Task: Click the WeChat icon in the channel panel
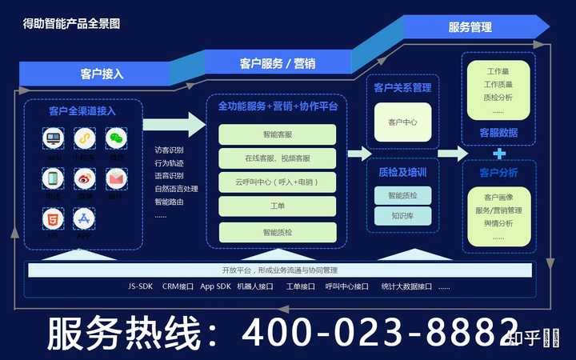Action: point(117,138)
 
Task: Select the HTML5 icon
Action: point(53,218)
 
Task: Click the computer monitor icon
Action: point(53,138)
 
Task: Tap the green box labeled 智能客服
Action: point(278,134)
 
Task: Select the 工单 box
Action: point(278,206)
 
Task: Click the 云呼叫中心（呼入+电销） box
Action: point(278,182)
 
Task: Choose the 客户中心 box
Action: point(402,122)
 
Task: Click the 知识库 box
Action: point(402,215)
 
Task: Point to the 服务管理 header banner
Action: point(470,27)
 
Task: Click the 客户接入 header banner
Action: point(102,74)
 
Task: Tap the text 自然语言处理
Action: point(176,189)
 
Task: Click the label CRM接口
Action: point(178,286)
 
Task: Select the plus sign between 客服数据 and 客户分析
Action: point(499,153)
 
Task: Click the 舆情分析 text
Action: point(498,223)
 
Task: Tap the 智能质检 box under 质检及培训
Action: point(402,195)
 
